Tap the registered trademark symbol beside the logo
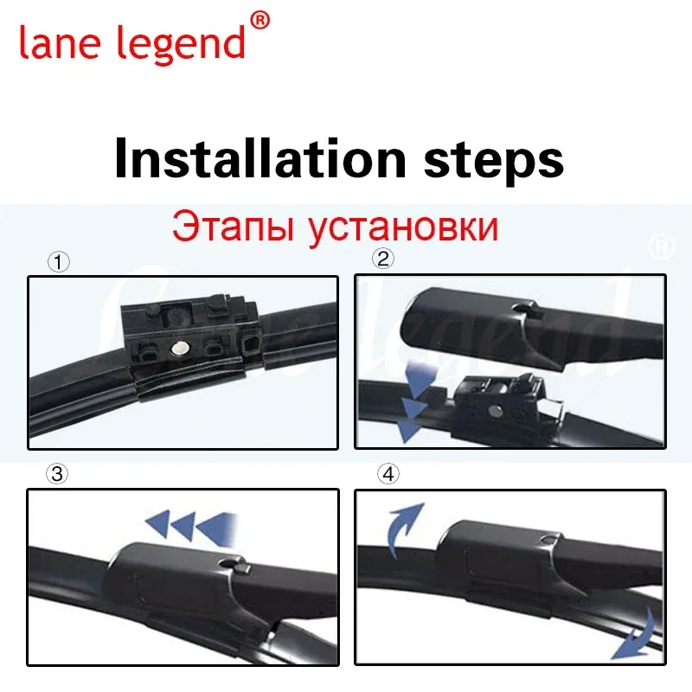(259, 18)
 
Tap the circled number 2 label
(383, 259)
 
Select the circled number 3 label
(57, 474)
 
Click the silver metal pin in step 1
(182, 348)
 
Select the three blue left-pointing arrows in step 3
(193, 524)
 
